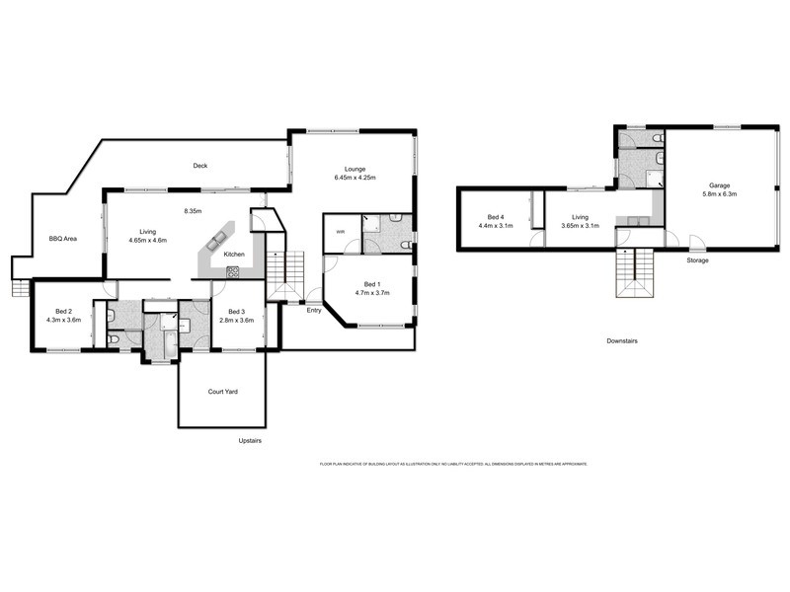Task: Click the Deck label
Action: click(x=200, y=166)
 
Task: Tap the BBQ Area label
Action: click(x=63, y=238)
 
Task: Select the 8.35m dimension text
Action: click(x=193, y=210)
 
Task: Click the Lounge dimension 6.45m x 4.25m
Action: click(x=355, y=178)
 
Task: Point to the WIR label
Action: click(x=341, y=233)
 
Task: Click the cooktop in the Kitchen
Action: click(x=233, y=273)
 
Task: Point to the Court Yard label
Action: click(x=222, y=391)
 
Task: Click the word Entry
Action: click(x=314, y=310)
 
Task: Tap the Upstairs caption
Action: click(x=251, y=440)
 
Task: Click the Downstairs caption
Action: click(x=622, y=340)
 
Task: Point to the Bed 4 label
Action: click(x=497, y=216)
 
